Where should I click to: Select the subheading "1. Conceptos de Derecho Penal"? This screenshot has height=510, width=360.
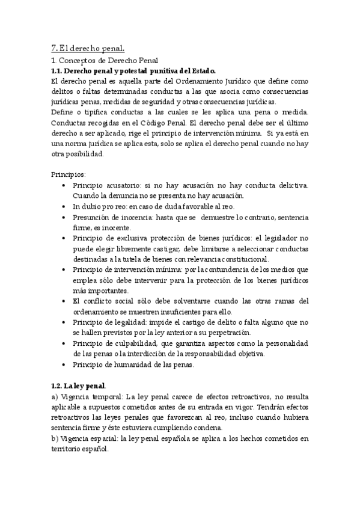104,60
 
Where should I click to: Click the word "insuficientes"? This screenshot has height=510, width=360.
192,312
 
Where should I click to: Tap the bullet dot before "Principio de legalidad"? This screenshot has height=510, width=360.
64,322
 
